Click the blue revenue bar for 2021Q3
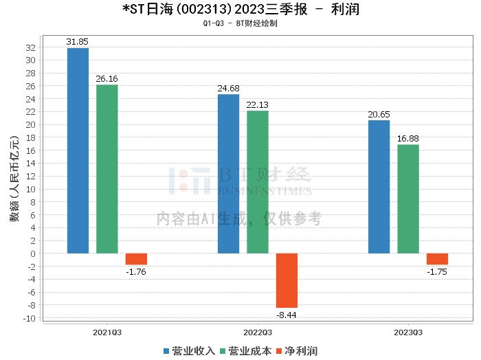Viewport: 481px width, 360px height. [x=78, y=150]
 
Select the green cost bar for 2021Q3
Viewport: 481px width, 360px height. [x=107, y=169]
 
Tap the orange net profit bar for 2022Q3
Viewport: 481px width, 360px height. [x=287, y=280]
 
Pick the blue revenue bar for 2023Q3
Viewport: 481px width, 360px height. [x=379, y=187]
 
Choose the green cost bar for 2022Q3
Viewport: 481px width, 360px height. [x=258, y=182]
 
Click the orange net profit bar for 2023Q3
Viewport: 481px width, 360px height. [x=437, y=259]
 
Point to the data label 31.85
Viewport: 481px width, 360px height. [x=78, y=42]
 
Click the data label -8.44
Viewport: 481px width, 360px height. [x=287, y=314]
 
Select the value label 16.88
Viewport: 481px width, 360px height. [x=408, y=138]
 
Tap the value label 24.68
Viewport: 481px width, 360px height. [x=228, y=88]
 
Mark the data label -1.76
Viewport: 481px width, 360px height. [x=136, y=271]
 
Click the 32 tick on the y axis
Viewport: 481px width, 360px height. [x=30, y=47]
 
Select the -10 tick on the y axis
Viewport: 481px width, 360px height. [x=28, y=318]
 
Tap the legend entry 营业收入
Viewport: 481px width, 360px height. [x=190, y=351]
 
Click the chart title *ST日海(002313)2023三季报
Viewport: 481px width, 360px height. [x=240, y=10]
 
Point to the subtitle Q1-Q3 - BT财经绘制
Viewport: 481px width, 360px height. [x=240, y=23]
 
